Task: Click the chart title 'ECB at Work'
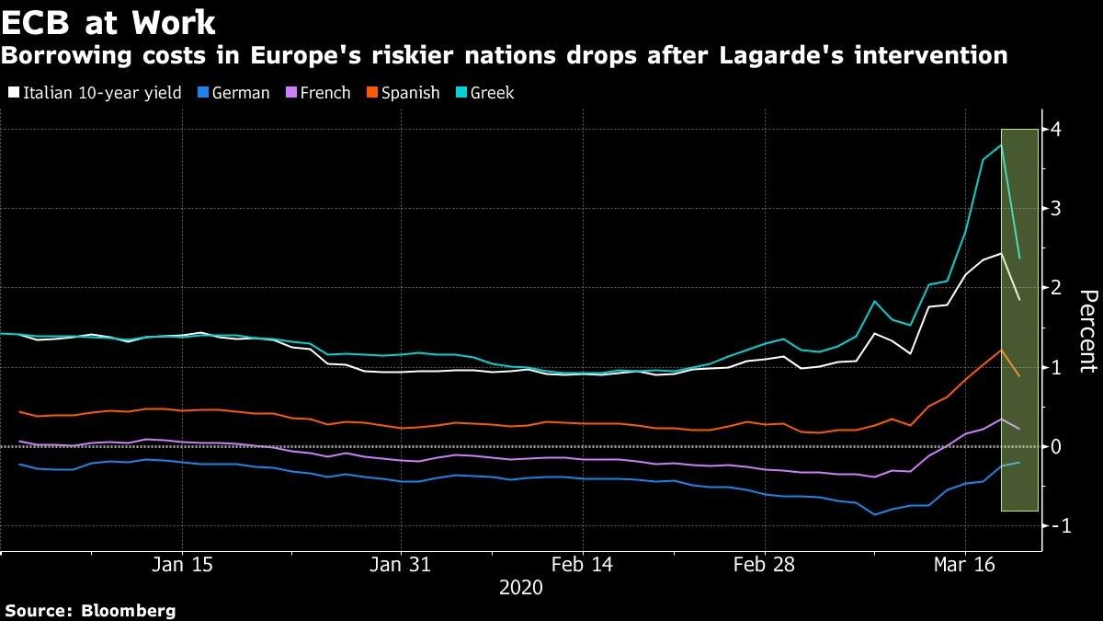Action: (x=108, y=23)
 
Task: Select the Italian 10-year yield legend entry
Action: (x=95, y=93)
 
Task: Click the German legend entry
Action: (x=233, y=93)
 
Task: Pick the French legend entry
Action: (x=319, y=93)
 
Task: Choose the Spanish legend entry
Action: (x=404, y=93)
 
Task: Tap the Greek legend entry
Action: (x=485, y=93)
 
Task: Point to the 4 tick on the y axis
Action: (x=1055, y=130)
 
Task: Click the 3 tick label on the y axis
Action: (x=1055, y=209)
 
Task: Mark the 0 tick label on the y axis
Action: (x=1055, y=446)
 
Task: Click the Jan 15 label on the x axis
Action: (x=182, y=564)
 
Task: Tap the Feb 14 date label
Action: (x=582, y=564)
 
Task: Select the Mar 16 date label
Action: (x=964, y=564)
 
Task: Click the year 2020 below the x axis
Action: (x=521, y=588)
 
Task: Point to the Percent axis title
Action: (x=1088, y=331)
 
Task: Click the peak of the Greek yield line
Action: (x=1001, y=145)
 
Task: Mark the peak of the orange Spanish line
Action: (x=1001, y=350)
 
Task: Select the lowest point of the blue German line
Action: (x=874, y=514)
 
